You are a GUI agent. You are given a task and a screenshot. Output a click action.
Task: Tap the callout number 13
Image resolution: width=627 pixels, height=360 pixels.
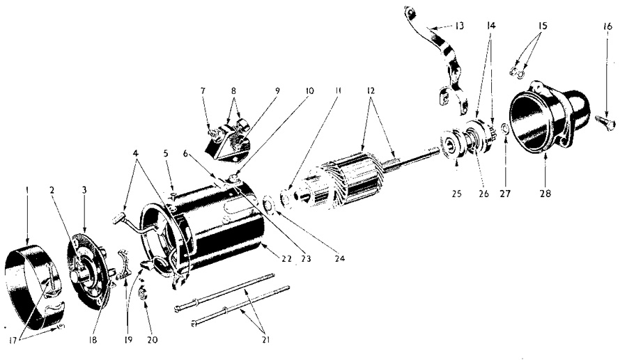(x=460, y=26)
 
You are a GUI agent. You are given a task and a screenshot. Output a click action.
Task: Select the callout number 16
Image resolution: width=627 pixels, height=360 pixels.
(x=607, y=26)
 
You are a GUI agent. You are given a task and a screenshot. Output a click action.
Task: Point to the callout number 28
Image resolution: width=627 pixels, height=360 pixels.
(x=545, y=194)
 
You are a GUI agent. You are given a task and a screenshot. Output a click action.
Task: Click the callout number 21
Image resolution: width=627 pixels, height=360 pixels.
(x=266, y=340)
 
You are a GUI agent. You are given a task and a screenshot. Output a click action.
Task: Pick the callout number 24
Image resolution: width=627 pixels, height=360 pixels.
(x=339, y=258)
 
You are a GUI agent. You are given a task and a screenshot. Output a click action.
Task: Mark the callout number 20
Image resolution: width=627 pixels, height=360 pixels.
(x=153, y=340)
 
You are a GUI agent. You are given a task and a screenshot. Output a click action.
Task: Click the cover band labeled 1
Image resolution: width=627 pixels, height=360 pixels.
(x=32, y=283)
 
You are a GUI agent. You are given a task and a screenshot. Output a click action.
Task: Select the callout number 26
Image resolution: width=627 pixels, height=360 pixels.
(x=484, y=194)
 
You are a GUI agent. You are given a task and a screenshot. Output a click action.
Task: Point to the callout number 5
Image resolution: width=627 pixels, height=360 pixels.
(x=166, y=153)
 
